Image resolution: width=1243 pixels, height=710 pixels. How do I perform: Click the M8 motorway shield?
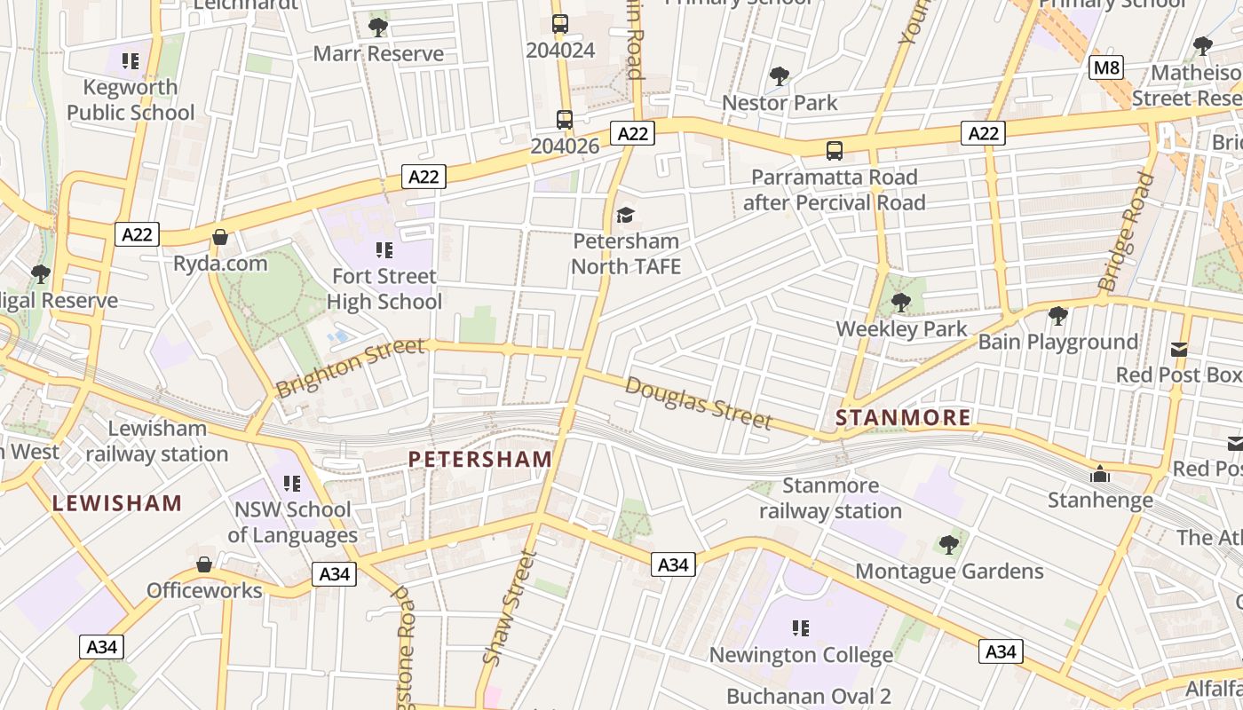[1107, 67]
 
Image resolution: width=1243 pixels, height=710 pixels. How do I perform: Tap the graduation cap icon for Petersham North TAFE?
[626, 216]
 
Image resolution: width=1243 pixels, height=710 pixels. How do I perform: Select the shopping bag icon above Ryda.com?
[220, 237]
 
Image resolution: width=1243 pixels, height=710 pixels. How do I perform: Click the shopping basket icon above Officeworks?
[204, 564]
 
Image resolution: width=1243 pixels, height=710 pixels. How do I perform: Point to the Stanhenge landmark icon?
[1100, 475]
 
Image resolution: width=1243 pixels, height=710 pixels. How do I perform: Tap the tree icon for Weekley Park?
[901, 303]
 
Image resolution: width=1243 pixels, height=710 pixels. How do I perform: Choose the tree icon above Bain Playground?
[1057, 315]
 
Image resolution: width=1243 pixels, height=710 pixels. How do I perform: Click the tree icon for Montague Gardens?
[949, 544]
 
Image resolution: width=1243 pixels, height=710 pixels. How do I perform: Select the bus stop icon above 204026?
[564, 119]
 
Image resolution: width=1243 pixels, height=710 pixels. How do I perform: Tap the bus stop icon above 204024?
[559, 24]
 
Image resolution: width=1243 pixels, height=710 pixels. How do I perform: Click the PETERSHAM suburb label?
[480, 459]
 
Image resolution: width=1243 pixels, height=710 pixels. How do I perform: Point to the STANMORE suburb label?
[904, 417]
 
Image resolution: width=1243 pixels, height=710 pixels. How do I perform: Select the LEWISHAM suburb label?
[117, 503]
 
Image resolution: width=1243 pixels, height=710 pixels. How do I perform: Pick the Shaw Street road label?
[511, 607]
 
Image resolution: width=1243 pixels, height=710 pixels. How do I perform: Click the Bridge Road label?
[1127, 233]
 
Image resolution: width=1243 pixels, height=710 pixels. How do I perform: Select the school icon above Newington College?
[801, 628]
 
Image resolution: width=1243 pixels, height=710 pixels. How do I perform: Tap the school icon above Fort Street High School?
[384, 250]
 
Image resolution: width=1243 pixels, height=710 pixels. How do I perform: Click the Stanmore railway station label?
[830, 498]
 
